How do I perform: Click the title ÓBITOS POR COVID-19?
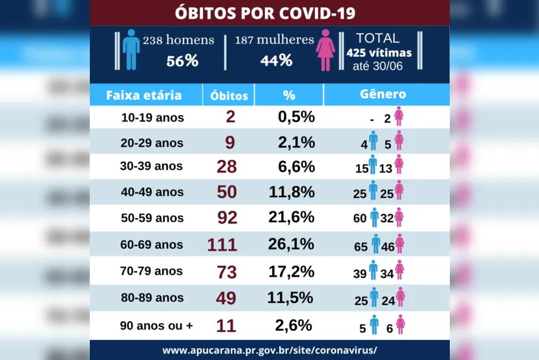[269, 13]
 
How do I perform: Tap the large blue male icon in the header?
[131, 49]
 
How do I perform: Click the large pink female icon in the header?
[325, 49]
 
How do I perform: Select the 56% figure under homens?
[182, 61]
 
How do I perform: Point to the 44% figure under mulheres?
[277, 61]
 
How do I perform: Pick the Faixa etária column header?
[143, 96]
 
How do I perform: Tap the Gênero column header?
[383, 94]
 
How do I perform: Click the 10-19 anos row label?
[153, 118]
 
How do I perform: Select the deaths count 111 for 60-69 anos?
[222, 245]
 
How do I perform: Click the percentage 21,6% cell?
[291, 218]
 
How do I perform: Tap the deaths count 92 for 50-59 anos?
[227, 218]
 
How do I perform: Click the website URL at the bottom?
[269, 350]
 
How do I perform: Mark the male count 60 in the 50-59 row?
[360, 219]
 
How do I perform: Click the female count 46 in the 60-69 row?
[387, 246]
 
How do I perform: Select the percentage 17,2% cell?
[291, 271]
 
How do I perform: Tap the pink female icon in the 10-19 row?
[399, 117]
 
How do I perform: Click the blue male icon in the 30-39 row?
[372, 165]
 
